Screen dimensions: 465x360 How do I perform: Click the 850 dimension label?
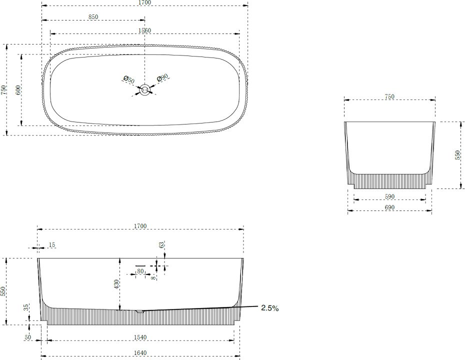tap(93, 17)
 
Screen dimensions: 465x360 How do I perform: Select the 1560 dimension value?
tap(144, 30)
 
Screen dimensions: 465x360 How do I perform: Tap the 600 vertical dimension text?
tap(18, 90)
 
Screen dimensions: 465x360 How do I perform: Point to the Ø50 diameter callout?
tap(128, 80)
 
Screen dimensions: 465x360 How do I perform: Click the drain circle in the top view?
tap(145, 89)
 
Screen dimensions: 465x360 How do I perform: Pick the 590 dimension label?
tap(389, 196)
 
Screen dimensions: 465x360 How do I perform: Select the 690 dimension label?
tap(389, 207)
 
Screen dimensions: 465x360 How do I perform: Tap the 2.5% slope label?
tap(270, 308)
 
